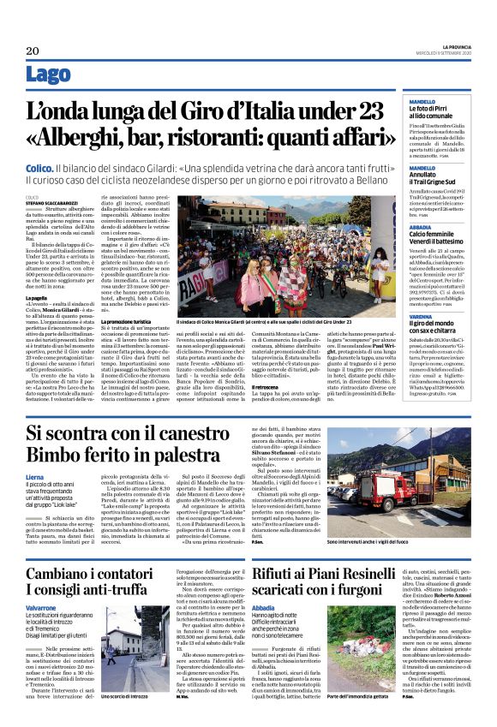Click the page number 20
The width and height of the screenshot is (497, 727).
tap(34, 50)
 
